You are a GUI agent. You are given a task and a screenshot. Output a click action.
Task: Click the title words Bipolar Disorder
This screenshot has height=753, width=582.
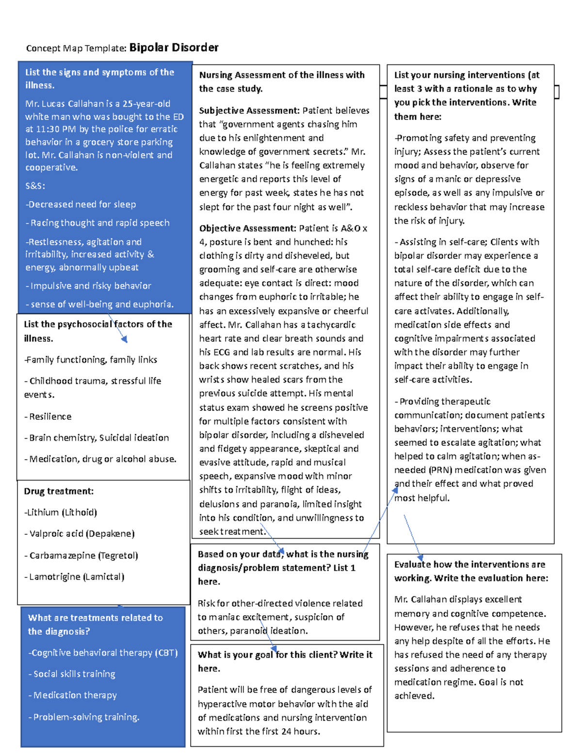(x=174, y=48)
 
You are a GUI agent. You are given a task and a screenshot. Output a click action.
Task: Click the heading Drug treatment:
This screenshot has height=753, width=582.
(x=59, y=491)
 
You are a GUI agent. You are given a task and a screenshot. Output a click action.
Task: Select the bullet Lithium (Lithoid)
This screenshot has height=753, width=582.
(x=62, y=513)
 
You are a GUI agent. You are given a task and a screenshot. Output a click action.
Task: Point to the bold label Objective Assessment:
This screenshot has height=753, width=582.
(x=247, y=228)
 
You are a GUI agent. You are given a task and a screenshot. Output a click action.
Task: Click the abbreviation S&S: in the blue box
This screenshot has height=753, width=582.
(x=35, y=186)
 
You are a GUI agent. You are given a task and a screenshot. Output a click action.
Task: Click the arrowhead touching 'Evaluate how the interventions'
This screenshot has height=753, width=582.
(x=420, y=558)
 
